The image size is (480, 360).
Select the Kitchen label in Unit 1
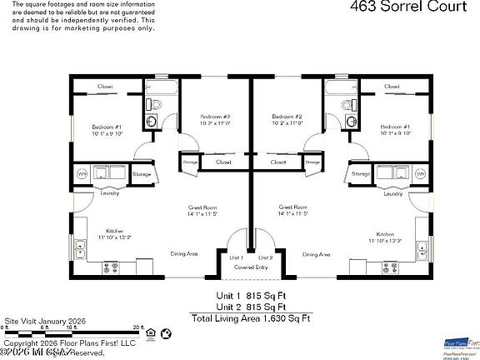114,232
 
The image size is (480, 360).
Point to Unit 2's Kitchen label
385,234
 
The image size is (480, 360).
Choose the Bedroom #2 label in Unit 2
287,117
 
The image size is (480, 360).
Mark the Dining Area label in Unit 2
317,254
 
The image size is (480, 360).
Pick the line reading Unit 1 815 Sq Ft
250,295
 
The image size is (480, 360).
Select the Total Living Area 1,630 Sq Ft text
250,317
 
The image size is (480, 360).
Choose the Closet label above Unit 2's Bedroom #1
394,86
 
